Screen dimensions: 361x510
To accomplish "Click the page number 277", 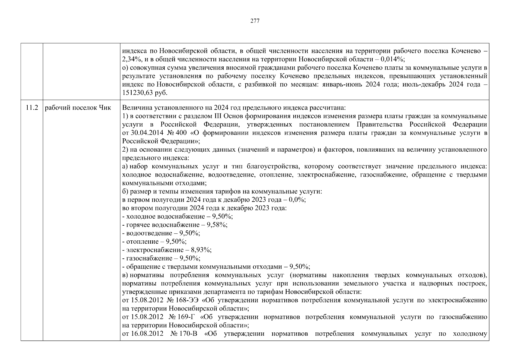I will pos(255,21).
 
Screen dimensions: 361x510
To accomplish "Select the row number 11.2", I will pos(32,108).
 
